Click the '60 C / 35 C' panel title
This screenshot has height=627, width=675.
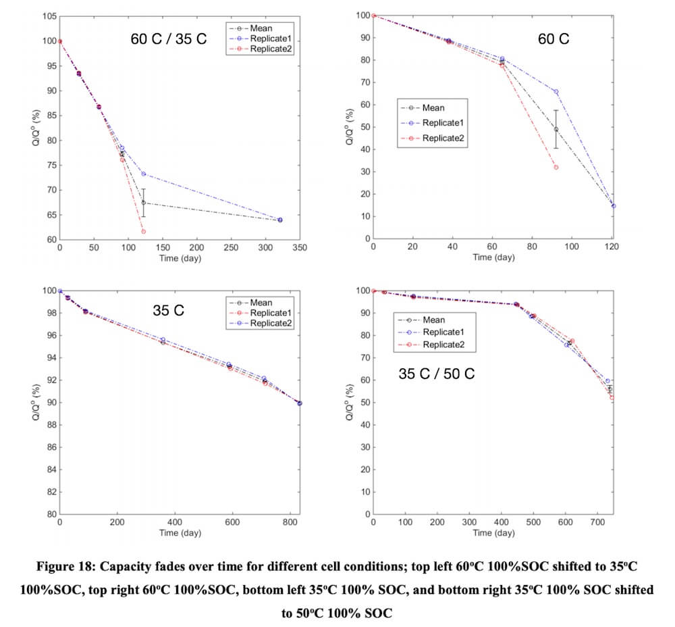[x=169, y=39]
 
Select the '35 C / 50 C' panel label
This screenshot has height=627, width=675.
[x=437, y=372]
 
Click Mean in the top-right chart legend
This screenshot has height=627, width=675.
[x=433, y=107]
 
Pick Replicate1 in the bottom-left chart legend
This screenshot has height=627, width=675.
[x=269, y=313]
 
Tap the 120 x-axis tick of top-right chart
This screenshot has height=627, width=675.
[x=612, y=247]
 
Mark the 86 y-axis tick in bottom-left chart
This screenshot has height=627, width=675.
[x=50, y=447]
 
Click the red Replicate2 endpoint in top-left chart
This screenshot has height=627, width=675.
[x=143, y=232]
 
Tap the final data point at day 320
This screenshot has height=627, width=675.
[x=280, y=220]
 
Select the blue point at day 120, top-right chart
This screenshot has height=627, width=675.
[x=613, y=206]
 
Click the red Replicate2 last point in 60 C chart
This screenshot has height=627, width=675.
[x=556, y=167]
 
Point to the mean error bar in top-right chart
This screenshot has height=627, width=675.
[x=556, y=129]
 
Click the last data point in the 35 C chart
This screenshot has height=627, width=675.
[x=299, y=403]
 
